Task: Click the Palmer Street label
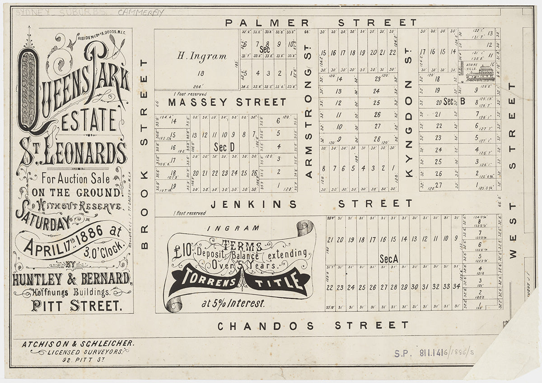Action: point(321,23)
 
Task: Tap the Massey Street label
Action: point(227,102)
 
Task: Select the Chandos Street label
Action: point(313,325)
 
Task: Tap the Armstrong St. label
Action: point(309,122)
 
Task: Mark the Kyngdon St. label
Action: point(409,129)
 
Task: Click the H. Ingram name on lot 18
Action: point(196,56)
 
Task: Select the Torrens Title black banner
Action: point(238,281)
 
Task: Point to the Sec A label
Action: point(389,258)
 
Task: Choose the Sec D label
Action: point(224,147)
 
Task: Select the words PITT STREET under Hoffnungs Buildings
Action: point(77,305)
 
